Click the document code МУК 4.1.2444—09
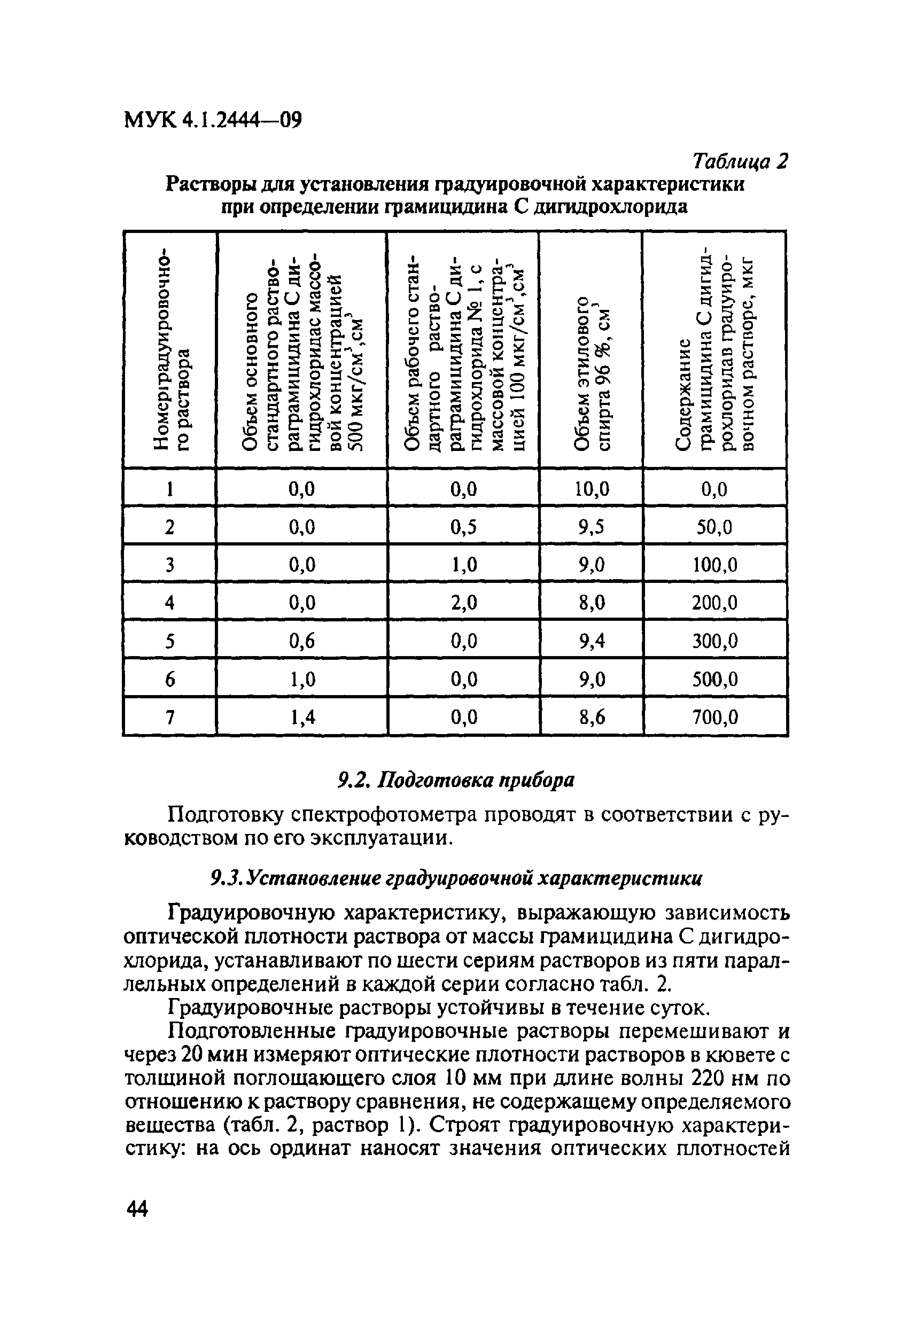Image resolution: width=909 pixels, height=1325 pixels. [x=212, y=120]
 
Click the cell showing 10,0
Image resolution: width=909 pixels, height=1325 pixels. [x=592, y=489]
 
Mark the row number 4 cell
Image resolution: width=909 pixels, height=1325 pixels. [x=169, y=603]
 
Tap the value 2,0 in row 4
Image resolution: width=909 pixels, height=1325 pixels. [x=463, y=603]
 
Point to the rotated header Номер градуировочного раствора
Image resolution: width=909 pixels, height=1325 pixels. [x=170, y=350]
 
